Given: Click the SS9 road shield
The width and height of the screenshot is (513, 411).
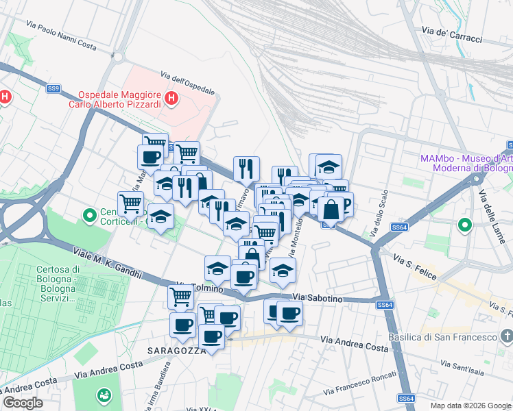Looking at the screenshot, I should coord(53,88).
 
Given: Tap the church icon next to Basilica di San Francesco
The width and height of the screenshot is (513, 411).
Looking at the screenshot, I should coord(506,336).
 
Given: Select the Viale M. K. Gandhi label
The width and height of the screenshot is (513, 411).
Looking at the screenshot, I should coord(109,264).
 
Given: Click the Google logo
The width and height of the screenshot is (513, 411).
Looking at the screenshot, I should coord(23,403).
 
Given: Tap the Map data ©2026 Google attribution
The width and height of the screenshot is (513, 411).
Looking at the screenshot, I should coord(470,405).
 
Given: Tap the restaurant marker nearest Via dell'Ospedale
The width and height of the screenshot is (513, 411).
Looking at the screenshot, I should coord(246,169).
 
